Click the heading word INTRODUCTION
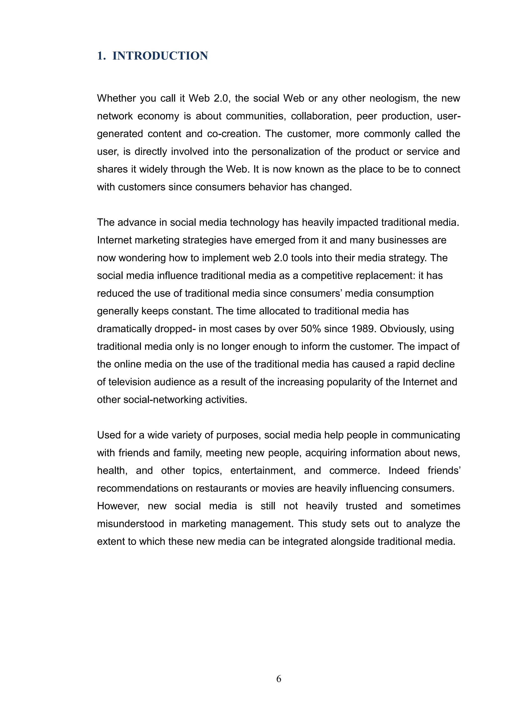tap(160, 56)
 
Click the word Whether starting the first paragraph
tap(116, 98)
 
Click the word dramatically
tap(124, 329)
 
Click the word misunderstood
tap(130, 524)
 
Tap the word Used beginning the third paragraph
tap(108, 435)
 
